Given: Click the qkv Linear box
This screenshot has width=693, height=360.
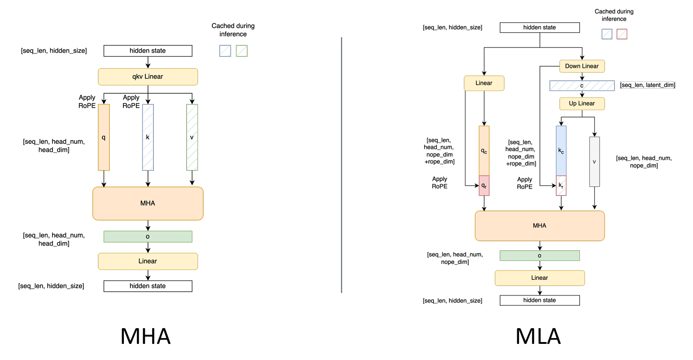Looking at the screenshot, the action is (148, 77).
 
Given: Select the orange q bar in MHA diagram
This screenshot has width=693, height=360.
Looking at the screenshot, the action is (104, 137).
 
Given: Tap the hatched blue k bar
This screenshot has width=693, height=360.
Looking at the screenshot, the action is (148, 137).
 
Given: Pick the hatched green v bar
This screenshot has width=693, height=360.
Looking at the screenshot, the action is (192, 137).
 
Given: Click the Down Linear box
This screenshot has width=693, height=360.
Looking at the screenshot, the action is (582, 66).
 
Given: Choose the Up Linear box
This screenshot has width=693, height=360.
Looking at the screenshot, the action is (582, 104).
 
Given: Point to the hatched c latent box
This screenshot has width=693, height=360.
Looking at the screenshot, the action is (582, 86).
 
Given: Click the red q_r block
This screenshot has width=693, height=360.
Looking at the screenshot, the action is (484, 186).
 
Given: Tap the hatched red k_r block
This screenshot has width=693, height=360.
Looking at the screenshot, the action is (561, 186).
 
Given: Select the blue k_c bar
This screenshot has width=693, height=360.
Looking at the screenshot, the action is (561, 151).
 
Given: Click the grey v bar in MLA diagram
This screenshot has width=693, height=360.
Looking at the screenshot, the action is (595, 162).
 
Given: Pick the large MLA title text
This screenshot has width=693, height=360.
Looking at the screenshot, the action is (538, 336).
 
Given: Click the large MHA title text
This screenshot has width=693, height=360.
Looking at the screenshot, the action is (145, 336).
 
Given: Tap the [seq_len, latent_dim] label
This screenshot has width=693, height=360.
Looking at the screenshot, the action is (648, 85).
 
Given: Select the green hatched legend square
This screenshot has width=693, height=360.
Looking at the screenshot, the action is (242, 51).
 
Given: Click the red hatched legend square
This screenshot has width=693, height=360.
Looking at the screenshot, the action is (622, 34).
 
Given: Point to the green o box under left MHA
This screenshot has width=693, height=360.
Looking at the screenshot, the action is (148, 237).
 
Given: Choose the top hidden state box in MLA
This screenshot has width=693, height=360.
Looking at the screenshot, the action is (540, 27).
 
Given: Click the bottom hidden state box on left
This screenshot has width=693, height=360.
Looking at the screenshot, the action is (148, 286).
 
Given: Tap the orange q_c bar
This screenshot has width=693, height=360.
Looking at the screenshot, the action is (484, 151).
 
